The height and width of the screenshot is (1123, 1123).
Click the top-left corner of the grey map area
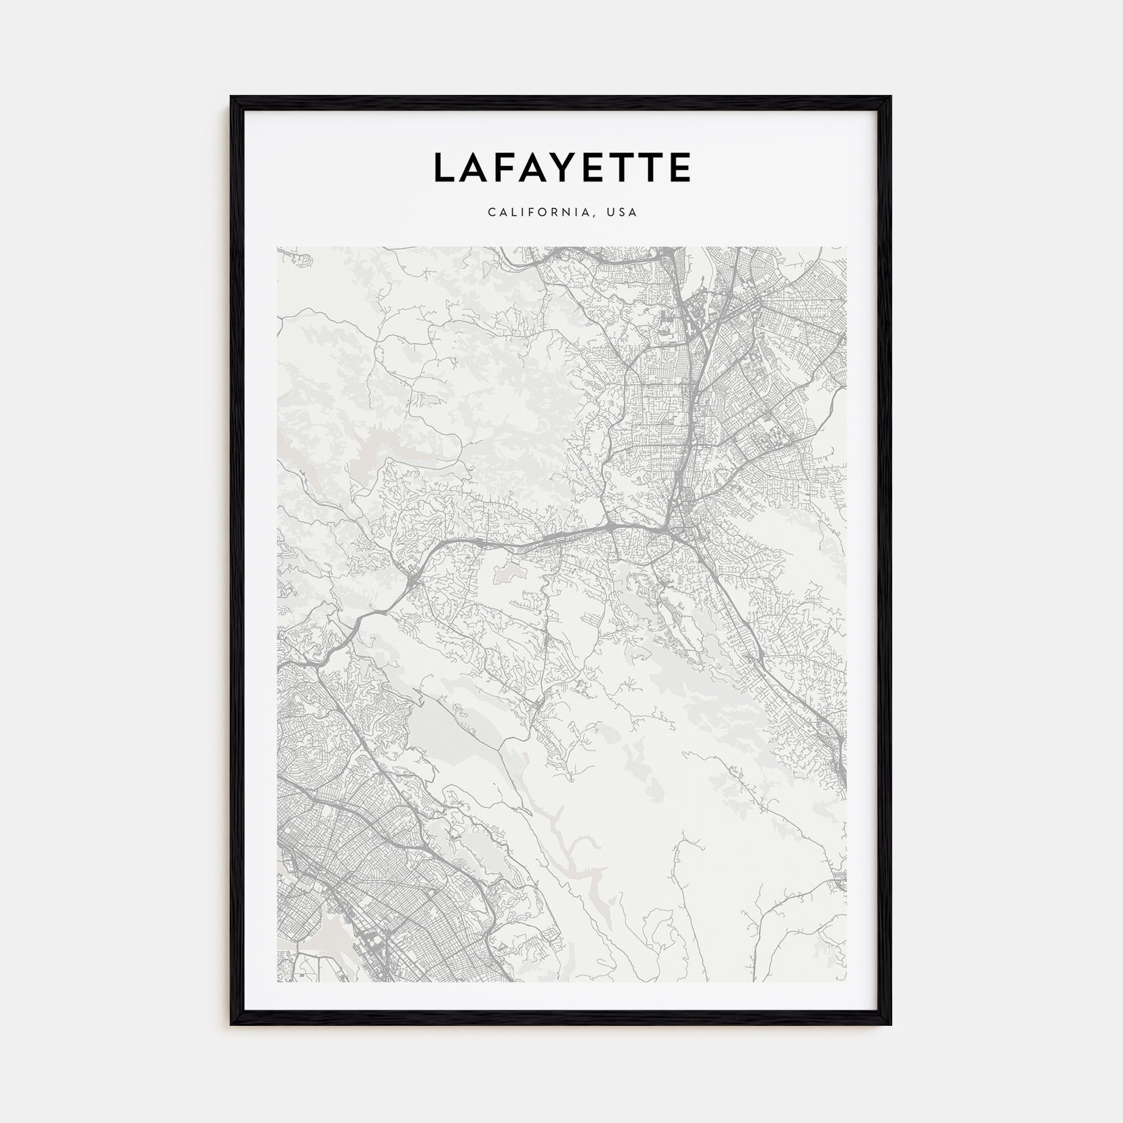[278, 248]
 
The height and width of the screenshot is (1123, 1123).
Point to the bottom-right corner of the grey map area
[846, 981]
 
